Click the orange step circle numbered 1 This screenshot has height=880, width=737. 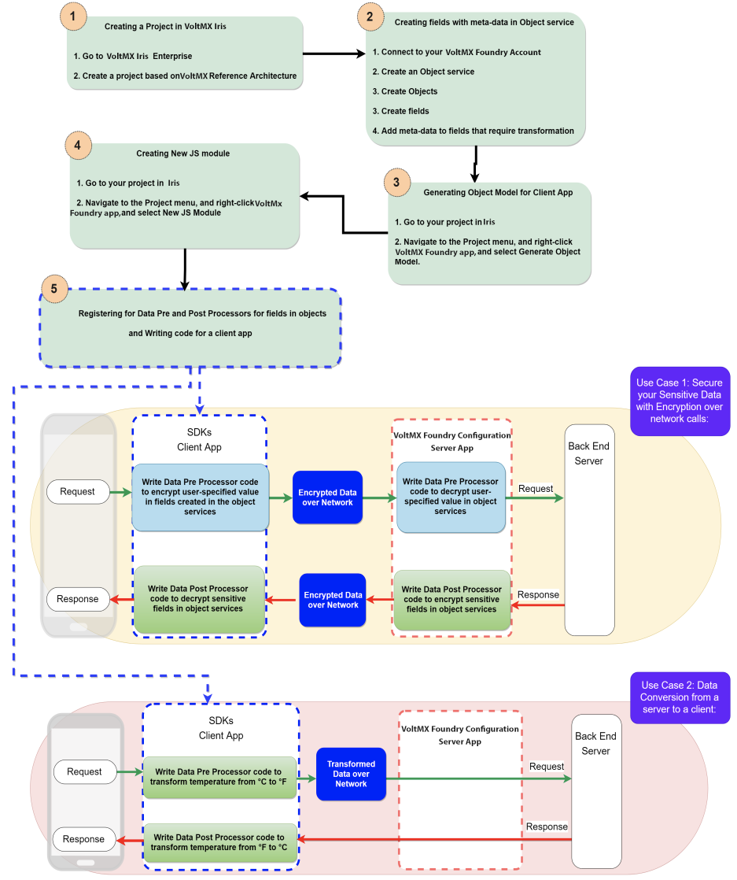coord(73,16)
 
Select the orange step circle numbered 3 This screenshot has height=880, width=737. coord(396,182)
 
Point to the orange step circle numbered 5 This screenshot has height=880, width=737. coord(53,288)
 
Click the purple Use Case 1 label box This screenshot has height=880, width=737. coord(680,401)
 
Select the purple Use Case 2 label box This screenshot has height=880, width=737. coord(680,697)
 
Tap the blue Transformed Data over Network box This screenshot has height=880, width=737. coord(351,774)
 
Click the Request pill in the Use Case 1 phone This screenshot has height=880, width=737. coord(77,492)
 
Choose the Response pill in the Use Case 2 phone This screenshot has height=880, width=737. coord(83,839)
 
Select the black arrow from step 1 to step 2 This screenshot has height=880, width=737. coord(333,54)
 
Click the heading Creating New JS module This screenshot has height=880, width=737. coord(182,153)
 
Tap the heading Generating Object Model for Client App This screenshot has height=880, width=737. coord(498,192)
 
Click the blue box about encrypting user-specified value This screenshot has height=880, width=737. coord(201,496)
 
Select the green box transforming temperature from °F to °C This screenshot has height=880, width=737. coord(219,842)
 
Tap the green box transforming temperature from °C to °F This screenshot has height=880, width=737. coord(219,776)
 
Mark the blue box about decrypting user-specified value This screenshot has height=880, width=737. coord(450,496)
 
